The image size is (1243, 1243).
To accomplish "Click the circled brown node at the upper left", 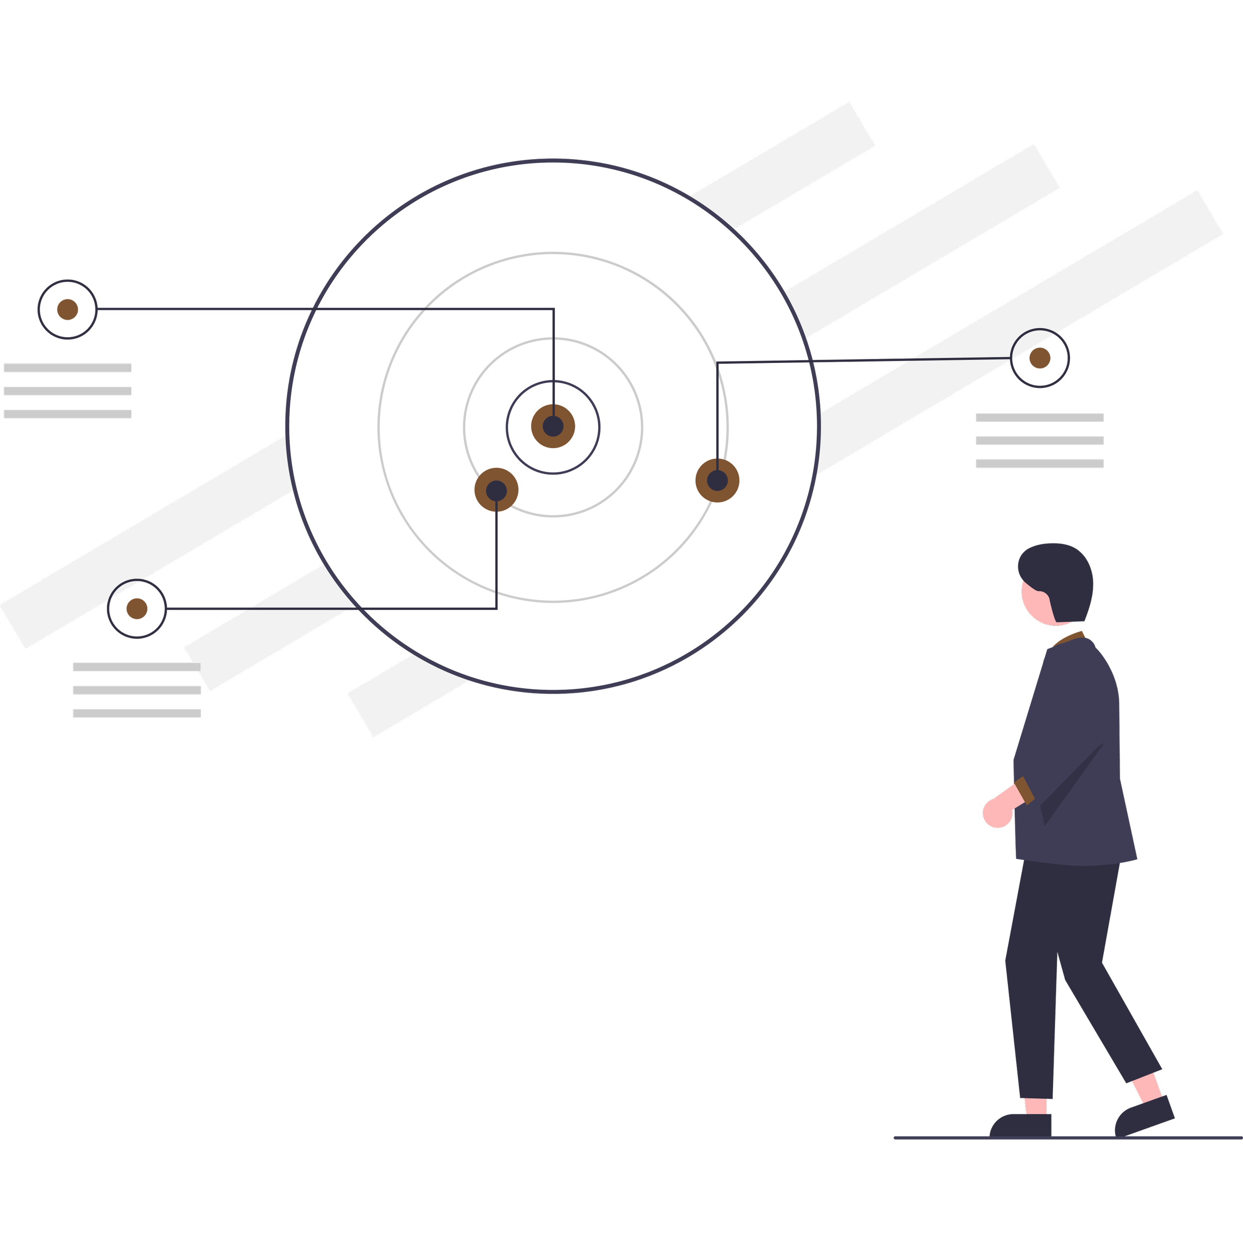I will click(68, 309).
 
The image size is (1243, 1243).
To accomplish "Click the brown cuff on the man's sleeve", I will click(1024, 791).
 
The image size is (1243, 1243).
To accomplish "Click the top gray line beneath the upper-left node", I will click(68, 368).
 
